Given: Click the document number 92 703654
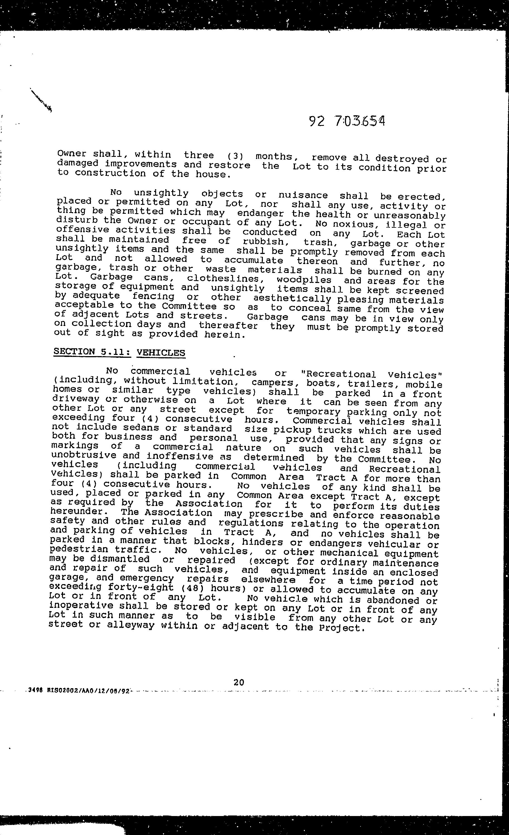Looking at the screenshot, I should coord(347,121).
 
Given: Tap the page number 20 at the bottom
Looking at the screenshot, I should coord(239,682).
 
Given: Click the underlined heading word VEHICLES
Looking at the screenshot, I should coord(161,353).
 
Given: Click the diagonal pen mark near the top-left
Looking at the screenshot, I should coord(41,100).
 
